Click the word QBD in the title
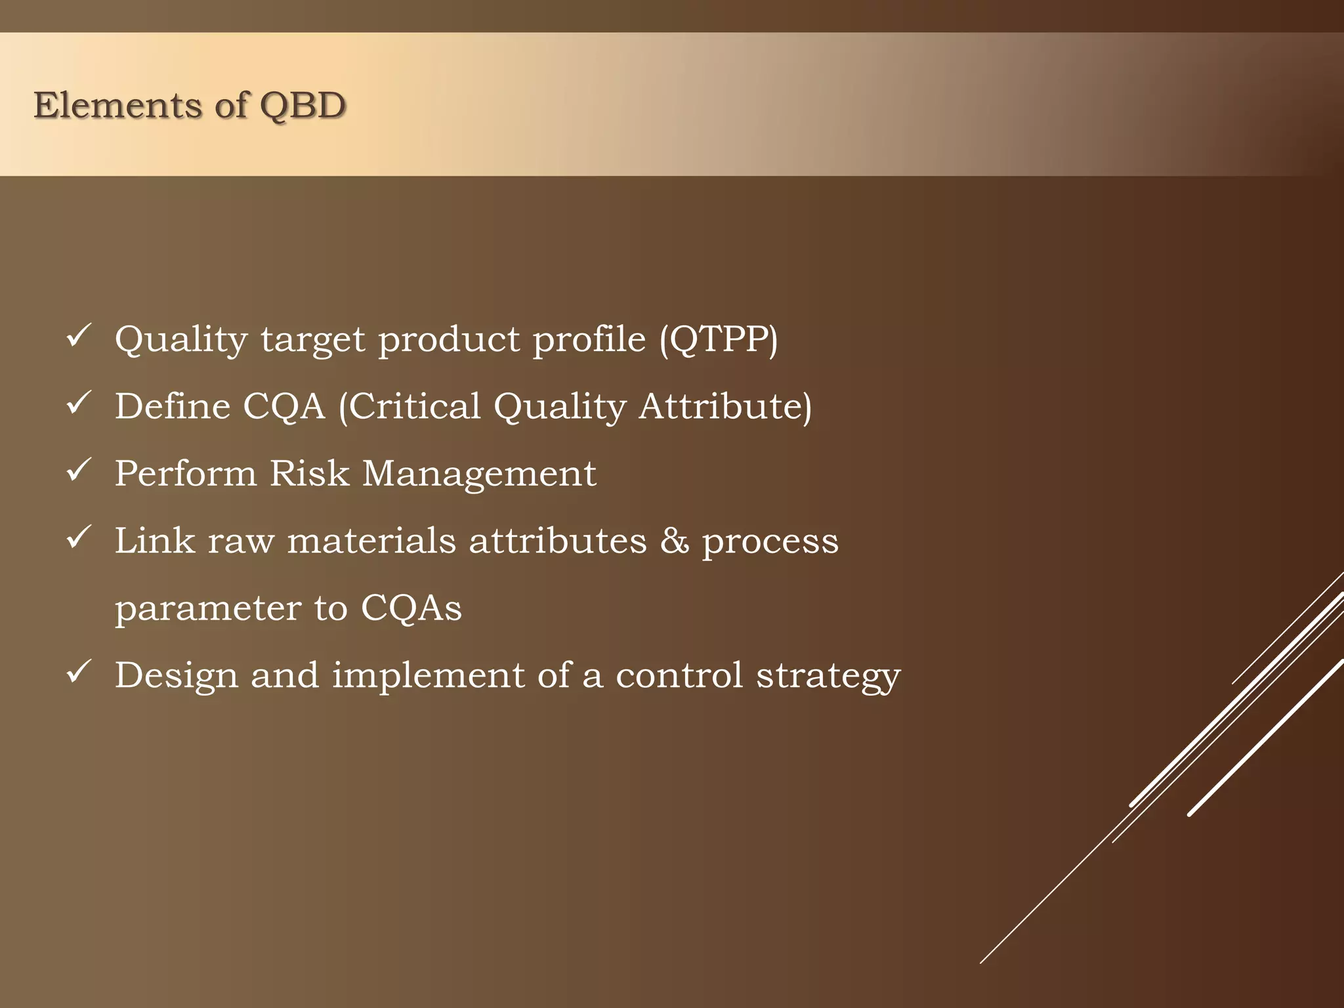click(303, 106)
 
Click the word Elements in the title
click(118, 105)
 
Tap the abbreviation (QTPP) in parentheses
click(719, 340)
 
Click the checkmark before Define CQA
click(79, 403)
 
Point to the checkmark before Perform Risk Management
click(79, 471)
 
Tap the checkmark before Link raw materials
click(79, 537)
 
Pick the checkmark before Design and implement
click(79, 672)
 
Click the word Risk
click(310, 473)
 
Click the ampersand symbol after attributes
click(675, 541)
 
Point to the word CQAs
click(411, 608)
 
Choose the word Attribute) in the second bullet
click(726, 407)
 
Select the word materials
click(371, 541)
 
